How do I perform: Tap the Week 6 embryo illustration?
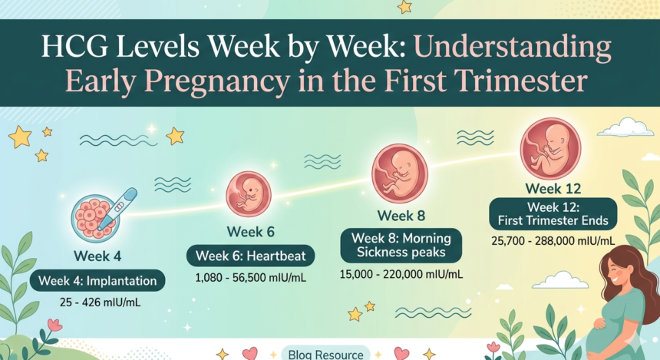click(x=248, y=194)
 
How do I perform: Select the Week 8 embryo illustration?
click(x=399, y=173)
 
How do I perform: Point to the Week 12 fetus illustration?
click(x=550, y=148)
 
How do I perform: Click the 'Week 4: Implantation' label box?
click(x=99, y=281)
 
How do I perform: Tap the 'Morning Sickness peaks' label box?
click(x=401, y=245)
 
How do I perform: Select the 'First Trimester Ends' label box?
click(x=553, y=213)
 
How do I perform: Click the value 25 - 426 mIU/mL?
click(x=97, y=302)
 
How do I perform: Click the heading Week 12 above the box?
click(x=553, y=188)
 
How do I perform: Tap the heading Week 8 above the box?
click(x=401, y=215)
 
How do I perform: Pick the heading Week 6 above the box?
click(x=250, y=231)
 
